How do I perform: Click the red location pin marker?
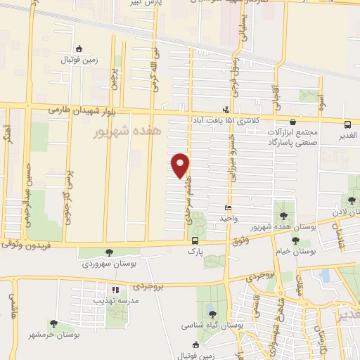181,165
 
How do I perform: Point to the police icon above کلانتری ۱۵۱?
225,110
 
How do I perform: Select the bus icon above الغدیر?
349,122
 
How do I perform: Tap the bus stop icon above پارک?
195,240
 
